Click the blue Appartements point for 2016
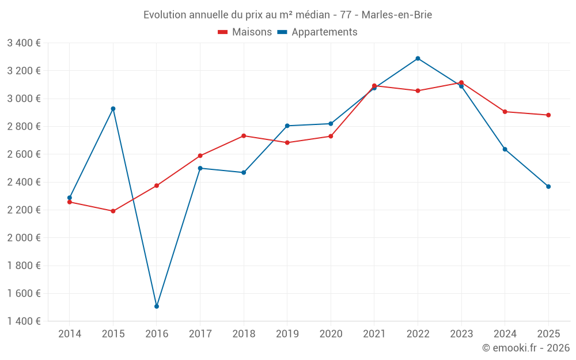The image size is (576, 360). (x=157, y=306)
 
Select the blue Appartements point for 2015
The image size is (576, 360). (x=113, y=109)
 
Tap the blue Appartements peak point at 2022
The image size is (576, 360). (x=418, y=58)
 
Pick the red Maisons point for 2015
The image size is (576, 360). (x=113, y=211)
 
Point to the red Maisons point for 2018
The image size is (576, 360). (x=244, y=136)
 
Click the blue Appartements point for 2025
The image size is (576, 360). (x=548, y=187)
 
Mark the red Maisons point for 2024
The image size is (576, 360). (x=505, y=112)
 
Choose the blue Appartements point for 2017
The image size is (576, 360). (x=200, y=168)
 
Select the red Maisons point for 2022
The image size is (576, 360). (x=418, y=91)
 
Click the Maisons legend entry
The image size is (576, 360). (x=245, y=32)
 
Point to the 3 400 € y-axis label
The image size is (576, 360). (x=24, y=43)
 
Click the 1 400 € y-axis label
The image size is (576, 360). (x=24, y=321)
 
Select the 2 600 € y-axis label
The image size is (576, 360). (x=24, y=154)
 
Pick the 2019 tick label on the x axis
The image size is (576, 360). (x=287, y=334)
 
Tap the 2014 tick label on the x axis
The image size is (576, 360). (x=70, y=334)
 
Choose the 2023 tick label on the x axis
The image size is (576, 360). (x=461, y=334)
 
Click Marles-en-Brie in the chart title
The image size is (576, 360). (x=397, y=15)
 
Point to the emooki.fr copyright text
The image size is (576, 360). (x=526, y=348)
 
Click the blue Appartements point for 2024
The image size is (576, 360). (x=505, y=149)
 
